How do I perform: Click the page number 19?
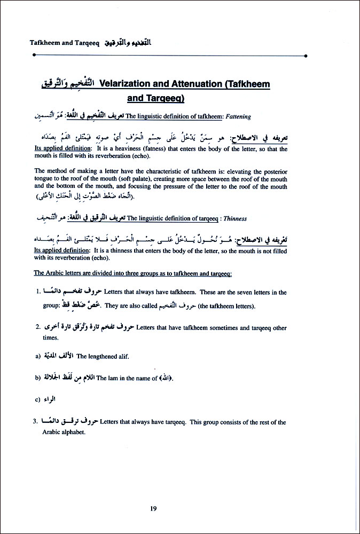click(x=153, y=508)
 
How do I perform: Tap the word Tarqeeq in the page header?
click(x=85, y=42)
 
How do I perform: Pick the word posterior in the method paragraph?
click(x=273, y=171)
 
